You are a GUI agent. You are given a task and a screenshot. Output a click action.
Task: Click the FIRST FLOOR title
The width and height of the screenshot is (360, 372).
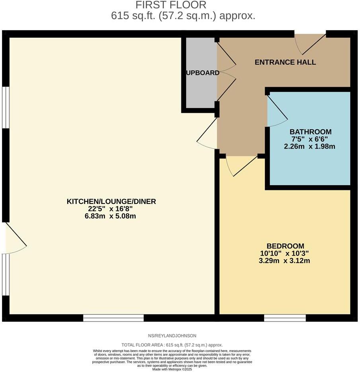point(171,5)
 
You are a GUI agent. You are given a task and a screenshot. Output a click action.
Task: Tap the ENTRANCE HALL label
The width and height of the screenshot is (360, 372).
point(285,62)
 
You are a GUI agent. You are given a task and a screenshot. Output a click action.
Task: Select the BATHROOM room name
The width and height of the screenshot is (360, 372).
point(310,132)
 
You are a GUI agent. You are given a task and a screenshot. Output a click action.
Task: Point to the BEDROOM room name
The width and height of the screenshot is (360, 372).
point(285,246)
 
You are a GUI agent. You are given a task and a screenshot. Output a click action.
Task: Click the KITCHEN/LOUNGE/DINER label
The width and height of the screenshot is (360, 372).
point(111,201)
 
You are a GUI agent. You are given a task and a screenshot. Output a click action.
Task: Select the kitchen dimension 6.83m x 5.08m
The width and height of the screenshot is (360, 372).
point(111,216)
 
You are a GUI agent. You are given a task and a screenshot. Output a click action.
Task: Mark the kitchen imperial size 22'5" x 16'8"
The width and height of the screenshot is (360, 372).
point(111,209)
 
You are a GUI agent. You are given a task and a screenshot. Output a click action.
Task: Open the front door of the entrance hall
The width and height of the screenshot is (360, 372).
point(310,43)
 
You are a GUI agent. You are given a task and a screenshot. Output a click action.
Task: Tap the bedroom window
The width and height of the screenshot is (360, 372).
point(285,318)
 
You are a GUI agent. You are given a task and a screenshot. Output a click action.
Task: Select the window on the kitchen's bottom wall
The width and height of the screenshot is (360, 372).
point(113,318)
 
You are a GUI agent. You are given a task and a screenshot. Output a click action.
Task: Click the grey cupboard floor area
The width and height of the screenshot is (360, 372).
point(200,91)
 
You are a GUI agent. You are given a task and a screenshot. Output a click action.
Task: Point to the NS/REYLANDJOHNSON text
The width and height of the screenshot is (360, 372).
point(172,336)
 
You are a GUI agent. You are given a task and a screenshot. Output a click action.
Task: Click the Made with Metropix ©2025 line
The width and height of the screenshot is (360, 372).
point(172,369)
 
